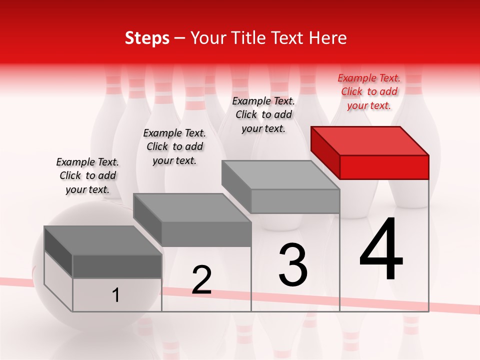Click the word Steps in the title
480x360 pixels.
(147, 38)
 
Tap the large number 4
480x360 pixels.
(381, 249)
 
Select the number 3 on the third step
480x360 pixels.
(293, 265)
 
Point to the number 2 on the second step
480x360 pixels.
(202, 280)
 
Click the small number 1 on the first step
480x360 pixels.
(116, 295)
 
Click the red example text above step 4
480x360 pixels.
(369, 91)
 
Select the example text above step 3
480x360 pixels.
(263, 114)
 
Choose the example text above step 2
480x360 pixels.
(174, 146)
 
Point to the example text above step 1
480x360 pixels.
(87, 175)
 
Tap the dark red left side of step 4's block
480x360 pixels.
(325, 152)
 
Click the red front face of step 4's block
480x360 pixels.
(384, 167)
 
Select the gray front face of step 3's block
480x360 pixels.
(295, 201)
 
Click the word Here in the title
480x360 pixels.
(328, 38)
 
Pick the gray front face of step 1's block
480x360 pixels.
(117, 266)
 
